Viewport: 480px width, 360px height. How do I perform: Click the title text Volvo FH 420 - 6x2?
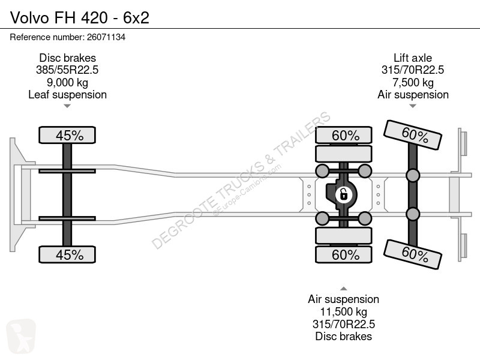click(80, 17)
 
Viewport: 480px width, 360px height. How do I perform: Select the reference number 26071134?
click(106, 37)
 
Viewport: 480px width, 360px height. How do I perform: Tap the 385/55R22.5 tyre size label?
click(67, 70)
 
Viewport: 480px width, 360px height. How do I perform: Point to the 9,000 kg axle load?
click(67, 82)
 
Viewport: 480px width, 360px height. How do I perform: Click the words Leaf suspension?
click(67, 95)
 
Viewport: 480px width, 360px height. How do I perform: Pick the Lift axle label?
click(413, 58)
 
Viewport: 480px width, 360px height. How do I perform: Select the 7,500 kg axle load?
click(413, 82)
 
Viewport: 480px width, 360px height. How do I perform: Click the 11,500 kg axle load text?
click(343, 312)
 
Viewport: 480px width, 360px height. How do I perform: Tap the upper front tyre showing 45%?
click(67, 135)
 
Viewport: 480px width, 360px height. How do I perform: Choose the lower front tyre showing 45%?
click(67, 254)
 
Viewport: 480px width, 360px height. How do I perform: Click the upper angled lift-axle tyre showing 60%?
click(413, 135)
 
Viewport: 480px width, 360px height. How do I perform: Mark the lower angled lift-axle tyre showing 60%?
click(413, 254)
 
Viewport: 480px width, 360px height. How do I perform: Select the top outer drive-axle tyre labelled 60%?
click(344, 135)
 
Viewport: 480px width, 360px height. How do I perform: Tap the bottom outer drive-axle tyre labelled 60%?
click(344, 254)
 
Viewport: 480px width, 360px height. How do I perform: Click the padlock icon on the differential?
click(343, 194)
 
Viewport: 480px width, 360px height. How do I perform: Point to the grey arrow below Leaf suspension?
click(67, 106)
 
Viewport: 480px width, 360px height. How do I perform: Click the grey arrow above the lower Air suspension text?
click(343, 289)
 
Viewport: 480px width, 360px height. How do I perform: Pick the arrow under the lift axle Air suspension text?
click(413, 106)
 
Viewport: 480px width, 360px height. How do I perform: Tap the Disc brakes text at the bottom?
click(343, 337)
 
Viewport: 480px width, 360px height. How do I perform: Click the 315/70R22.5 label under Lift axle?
click(413, 70)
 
